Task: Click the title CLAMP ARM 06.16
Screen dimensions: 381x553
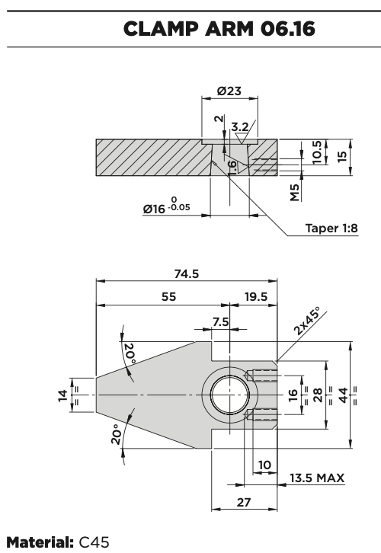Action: [219, 29]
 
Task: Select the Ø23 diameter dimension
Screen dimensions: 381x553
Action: [229, 91]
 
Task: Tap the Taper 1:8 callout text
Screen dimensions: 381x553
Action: [331, 229]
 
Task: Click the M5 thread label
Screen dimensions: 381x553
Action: [295, 192]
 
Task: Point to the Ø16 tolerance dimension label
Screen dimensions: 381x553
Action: [167, 206]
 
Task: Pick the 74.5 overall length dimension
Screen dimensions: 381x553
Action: [187, 273]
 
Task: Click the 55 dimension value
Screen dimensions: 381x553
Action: [168, 296]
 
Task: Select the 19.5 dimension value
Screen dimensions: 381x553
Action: [256, 296]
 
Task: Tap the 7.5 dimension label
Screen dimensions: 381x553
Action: [220, 321]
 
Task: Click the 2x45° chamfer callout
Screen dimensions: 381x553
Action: [306, 321]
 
